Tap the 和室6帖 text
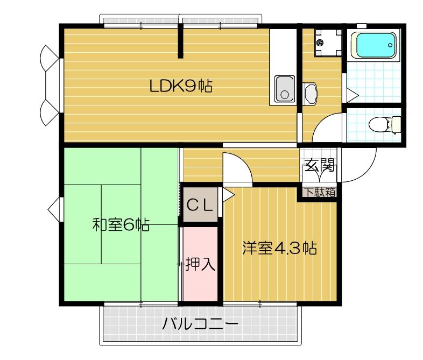click(x=121, y=224)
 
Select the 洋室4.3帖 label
click(x=279, y=249)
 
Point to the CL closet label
click(x=201, y=205)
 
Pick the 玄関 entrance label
click(x=320, y=165)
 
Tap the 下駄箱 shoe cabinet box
click(x=319, y=192)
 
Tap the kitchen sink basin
click(x=284, y=89)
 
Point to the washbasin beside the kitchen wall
click(x=311, y=94)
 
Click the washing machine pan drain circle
click(x=320, y=42)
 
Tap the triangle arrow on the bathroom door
click(x=352, y=96)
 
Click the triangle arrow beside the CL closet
click(x=227, y=194)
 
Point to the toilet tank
click(x=396, y=125)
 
